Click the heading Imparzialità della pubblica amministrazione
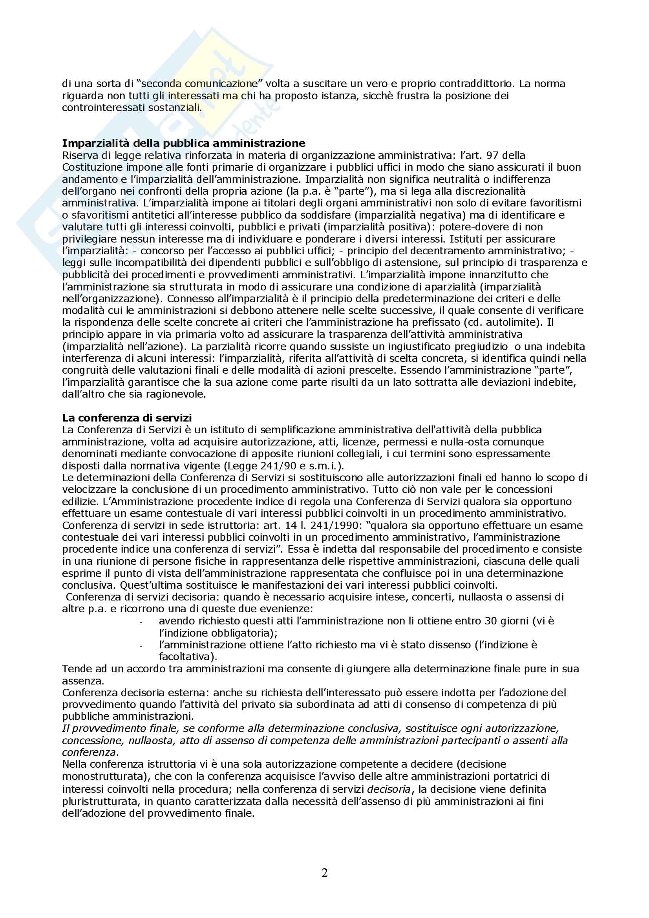[x=183, y=143]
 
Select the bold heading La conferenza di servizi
[x=127, y=418]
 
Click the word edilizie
[x=78, y=501]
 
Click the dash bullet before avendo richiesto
[x=141, y=622]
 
